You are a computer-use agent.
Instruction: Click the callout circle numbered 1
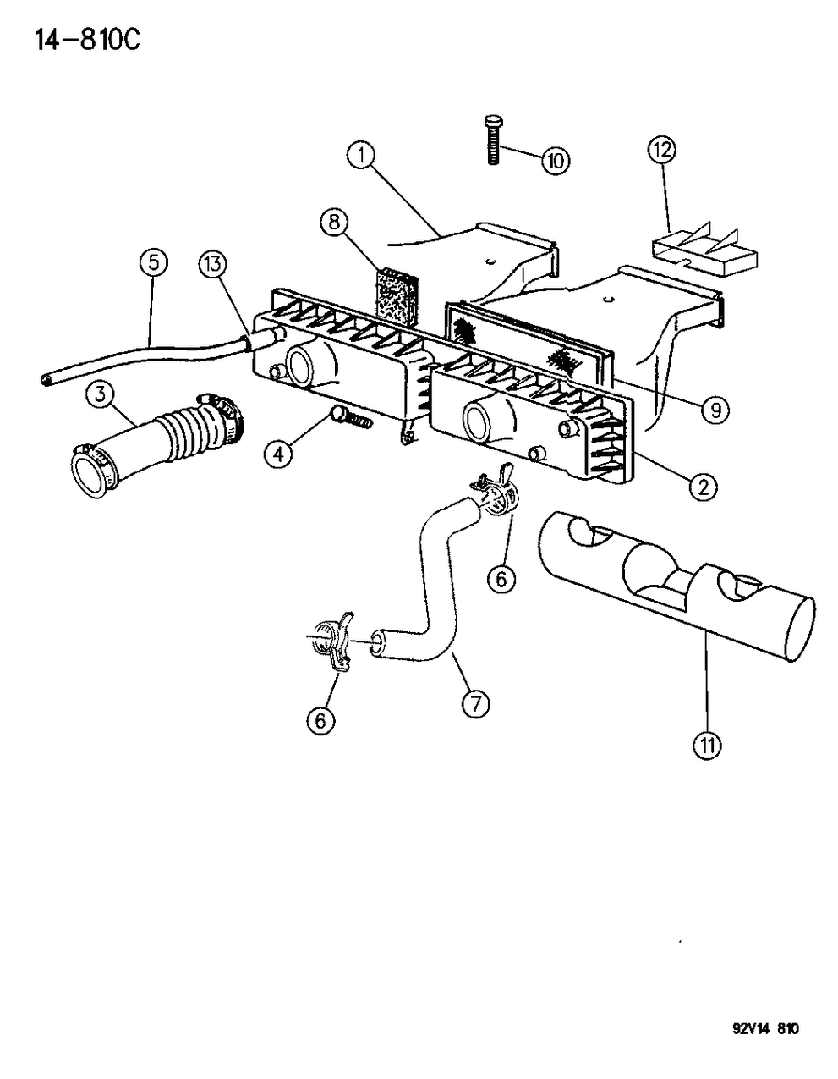tap(360, 156)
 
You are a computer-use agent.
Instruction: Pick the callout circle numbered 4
tap(278, 454)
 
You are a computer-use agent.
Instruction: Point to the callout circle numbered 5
tap(153, 263)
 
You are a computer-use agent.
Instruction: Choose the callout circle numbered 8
tap(334, 223)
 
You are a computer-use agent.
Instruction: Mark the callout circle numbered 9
tap(715, 410)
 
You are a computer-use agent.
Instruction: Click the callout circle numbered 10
tap(556, 161)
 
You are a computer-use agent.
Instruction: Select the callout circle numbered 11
tap(707, 745)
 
